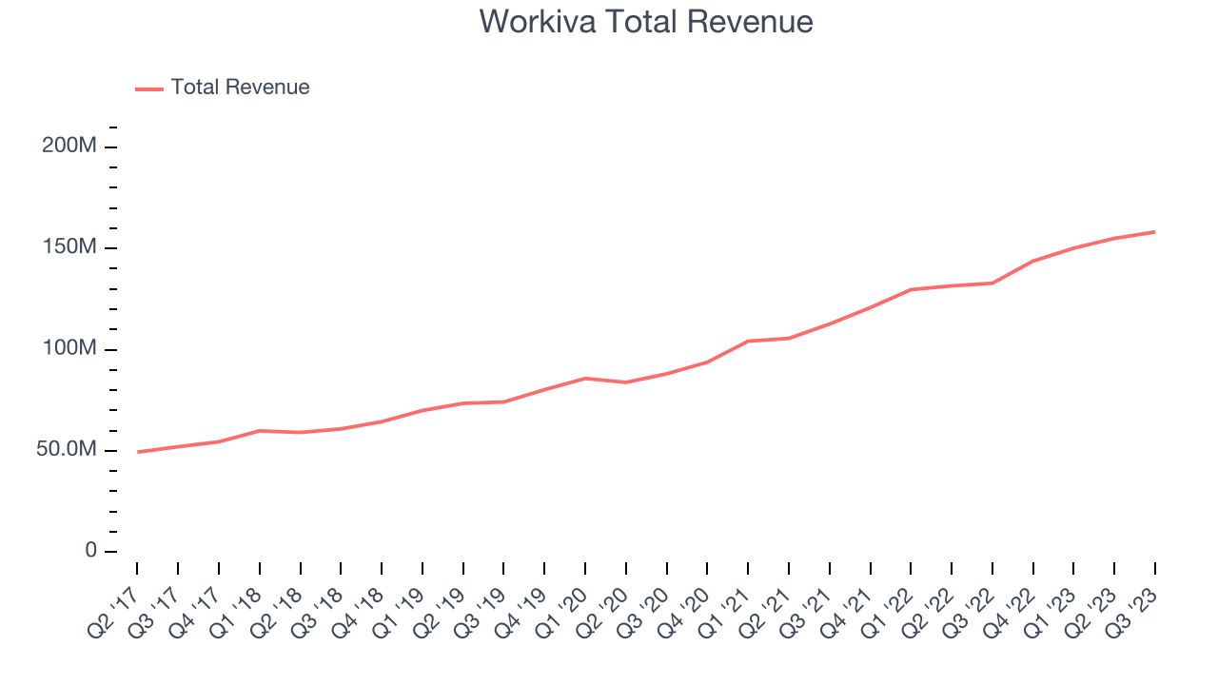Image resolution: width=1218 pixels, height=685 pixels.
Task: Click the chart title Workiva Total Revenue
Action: pyautogui.click(x=646, y=22)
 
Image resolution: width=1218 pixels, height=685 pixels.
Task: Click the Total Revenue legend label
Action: pyautogui.click(x=240, y=88)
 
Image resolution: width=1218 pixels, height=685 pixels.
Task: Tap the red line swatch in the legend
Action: pyautogui.click(x=149, y=88)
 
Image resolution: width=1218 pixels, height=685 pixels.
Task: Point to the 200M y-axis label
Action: pyautogui.click(x=69, y=147)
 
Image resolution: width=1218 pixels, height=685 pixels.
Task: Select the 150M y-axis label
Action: pyautogui.click(x=69, y=247)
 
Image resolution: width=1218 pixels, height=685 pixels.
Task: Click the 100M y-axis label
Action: pyautogui.click(x=69, y=348)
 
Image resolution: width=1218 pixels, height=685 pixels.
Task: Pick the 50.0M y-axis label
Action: pyautogui.click(x=66, y=449)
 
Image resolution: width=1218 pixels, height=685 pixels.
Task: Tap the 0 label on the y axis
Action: pyautogui.click(x=90, y=551)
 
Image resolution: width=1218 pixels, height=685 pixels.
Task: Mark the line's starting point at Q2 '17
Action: pyautogui.click(x=137, y=452)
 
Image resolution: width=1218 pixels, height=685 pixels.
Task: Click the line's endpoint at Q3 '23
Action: pyautogui.click(x=1155, y=232)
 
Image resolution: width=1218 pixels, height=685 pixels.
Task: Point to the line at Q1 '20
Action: pyautogui.click(x=585, y=379)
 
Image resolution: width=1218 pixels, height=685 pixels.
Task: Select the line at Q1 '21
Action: pyautogui.click(x=748, y=341)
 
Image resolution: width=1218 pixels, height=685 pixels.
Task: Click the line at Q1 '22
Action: pyautogui.click(x=911, y=289)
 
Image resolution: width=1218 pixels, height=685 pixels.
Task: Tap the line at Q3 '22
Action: pyautogui.click(x=992, y=283)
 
